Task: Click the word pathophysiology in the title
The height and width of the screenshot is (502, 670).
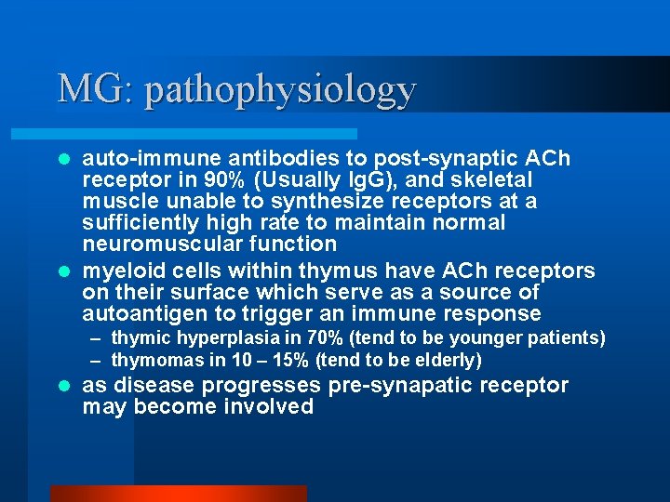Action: click(x=280, y=90)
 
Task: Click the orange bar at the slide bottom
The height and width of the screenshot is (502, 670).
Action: click(x=178, y=493)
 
